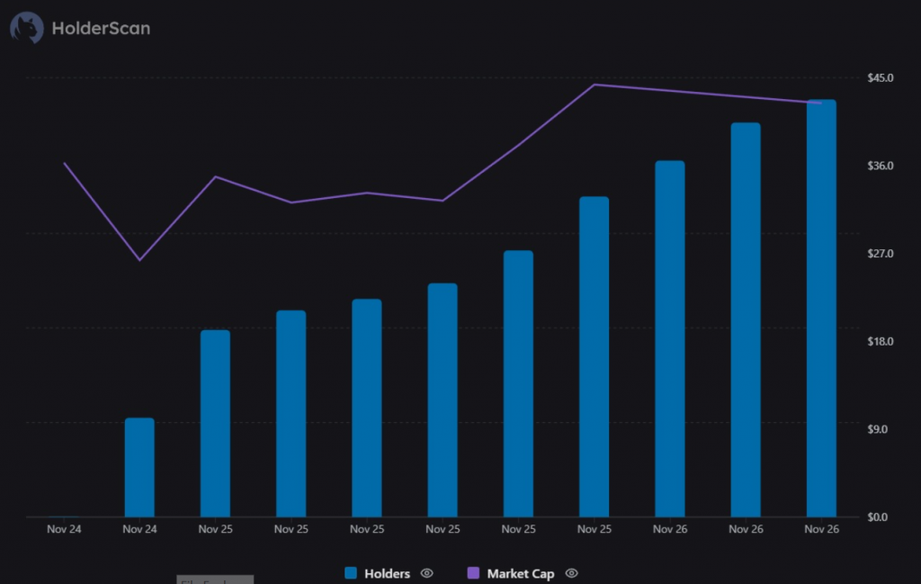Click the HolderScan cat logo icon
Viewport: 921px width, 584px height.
(26, 28)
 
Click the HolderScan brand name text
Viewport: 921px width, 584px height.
(101, 28)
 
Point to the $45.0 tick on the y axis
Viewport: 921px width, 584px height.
(880, 78)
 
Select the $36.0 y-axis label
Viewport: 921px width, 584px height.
(880, 166)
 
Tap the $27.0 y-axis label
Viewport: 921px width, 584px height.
(880, 255)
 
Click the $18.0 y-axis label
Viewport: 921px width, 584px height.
(880, 342)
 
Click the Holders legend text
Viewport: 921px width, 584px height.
(387, 573)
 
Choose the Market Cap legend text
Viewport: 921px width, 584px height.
(520, 573)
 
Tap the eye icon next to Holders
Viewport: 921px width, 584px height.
(427, 573)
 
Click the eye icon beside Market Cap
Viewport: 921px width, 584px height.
(571, 573)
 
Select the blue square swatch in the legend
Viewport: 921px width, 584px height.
(351, 573)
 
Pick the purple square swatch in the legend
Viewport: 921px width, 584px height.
(473, 573)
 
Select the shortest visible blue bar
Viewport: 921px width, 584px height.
(139, 468)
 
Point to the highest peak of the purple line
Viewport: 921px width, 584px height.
(595, 85)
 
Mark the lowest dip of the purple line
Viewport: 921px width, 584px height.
(139, 260)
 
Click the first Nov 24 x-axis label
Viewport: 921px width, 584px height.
(64, 529)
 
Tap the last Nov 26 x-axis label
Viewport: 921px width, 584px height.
(821, 529)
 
